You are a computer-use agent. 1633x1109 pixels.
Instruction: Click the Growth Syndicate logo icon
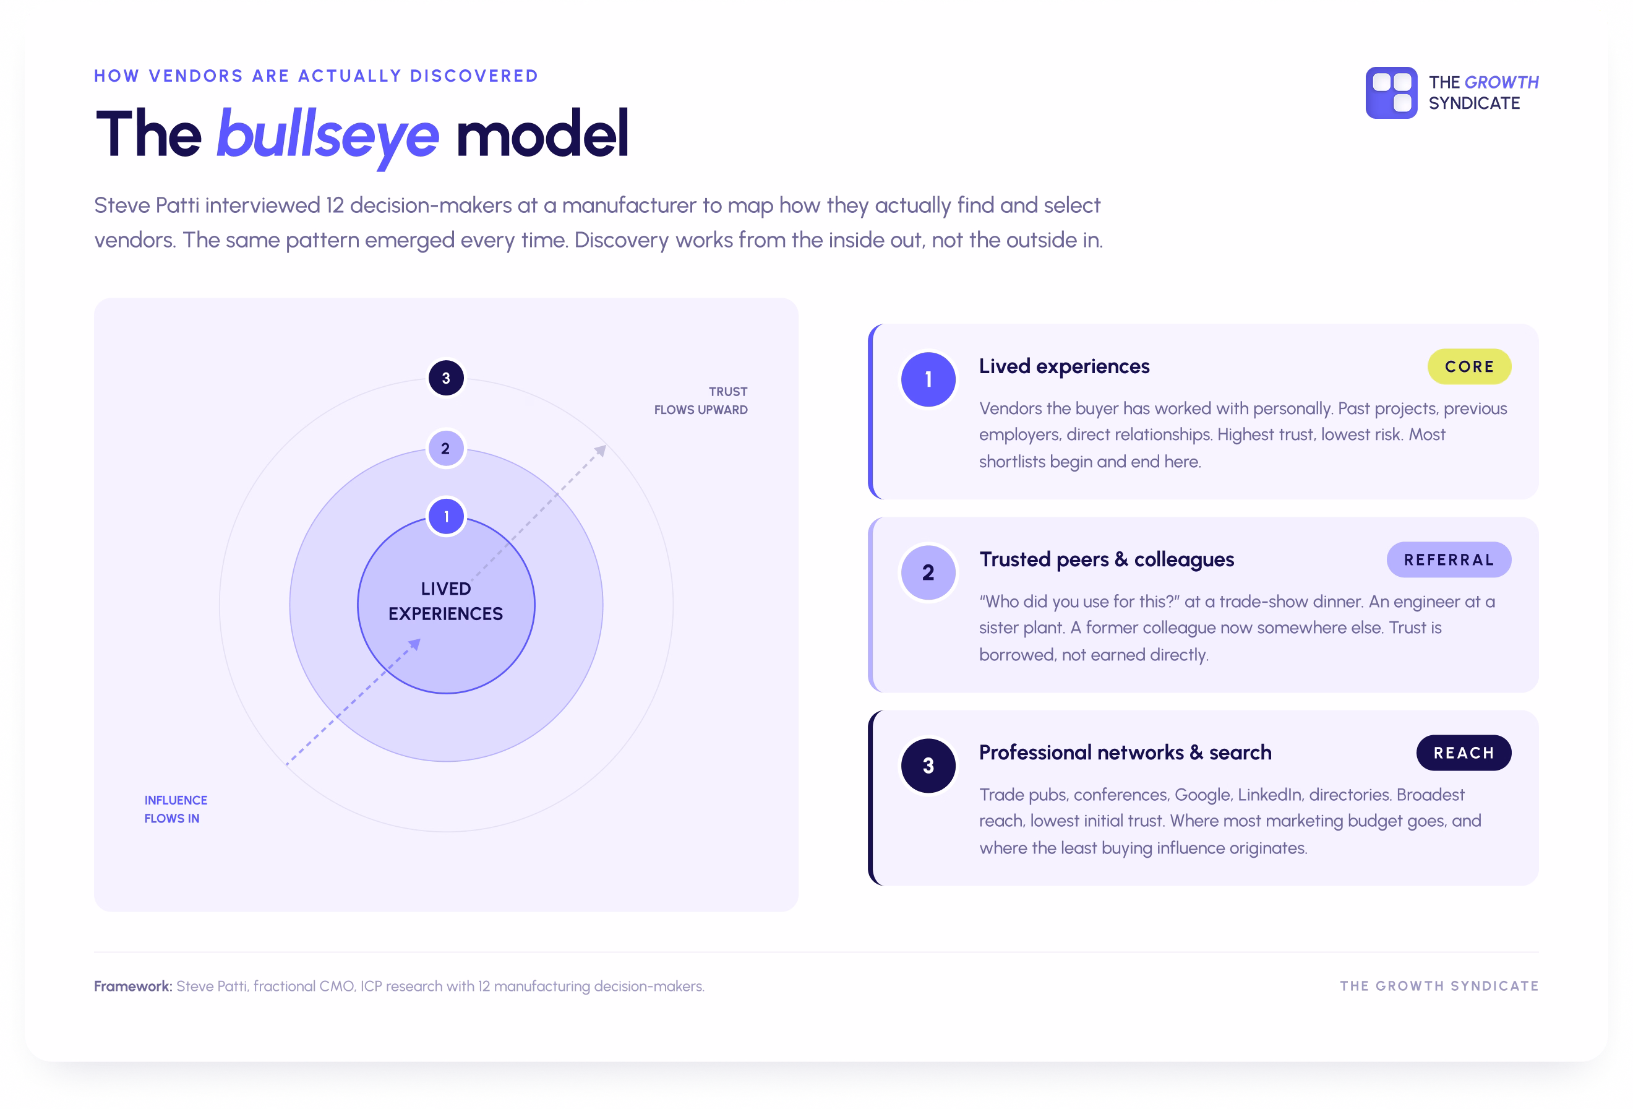tap(1391, 93)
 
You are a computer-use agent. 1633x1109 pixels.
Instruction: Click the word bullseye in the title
tap(327, 136)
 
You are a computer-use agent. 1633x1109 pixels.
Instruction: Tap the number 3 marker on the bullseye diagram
tap(445, 378)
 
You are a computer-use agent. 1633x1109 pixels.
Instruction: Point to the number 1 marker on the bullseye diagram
tap(446, 517)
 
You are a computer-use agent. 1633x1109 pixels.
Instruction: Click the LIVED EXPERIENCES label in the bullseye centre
tap(445, 601)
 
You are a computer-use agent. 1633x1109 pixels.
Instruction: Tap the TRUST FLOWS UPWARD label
tap(701, 400)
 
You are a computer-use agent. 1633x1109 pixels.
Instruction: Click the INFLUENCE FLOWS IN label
tap(176, 809)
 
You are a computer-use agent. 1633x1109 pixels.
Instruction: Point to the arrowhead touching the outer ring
tap(600, 451)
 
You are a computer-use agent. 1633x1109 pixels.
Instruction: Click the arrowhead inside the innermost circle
tap(414, 644)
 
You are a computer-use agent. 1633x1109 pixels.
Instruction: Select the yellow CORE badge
tap(1468, 366)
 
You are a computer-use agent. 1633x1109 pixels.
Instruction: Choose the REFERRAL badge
tap(1448, 559)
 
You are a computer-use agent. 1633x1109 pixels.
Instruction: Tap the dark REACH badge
tap(1463, 753)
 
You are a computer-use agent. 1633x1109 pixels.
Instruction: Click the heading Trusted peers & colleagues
tap(1107, 559)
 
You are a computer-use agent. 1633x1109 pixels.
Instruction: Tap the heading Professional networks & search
tap(1125, 753)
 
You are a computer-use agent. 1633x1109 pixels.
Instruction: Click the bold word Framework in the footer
tap(133, 986)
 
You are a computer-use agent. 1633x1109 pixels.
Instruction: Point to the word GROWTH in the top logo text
tap(1502, 82)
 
